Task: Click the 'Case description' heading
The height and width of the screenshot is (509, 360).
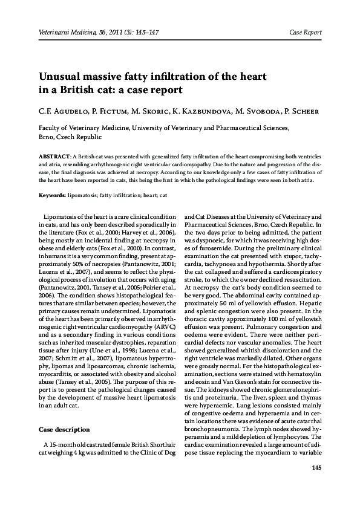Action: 65,430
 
